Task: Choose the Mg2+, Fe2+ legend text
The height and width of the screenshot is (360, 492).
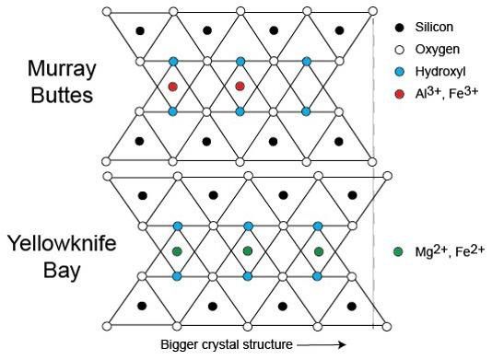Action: point(449,250)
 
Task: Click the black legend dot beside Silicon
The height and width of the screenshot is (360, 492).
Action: point(397,29)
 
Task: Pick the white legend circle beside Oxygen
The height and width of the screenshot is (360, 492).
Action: point(397,50)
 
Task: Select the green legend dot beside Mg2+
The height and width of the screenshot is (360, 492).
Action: point(397,251)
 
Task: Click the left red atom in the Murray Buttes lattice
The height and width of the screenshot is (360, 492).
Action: point(172,87)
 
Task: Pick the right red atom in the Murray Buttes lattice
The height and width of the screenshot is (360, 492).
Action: point(240,87)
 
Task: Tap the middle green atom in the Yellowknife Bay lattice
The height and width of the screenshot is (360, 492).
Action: point(247,250)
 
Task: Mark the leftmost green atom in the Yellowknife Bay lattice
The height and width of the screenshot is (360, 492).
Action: point(177,250)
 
